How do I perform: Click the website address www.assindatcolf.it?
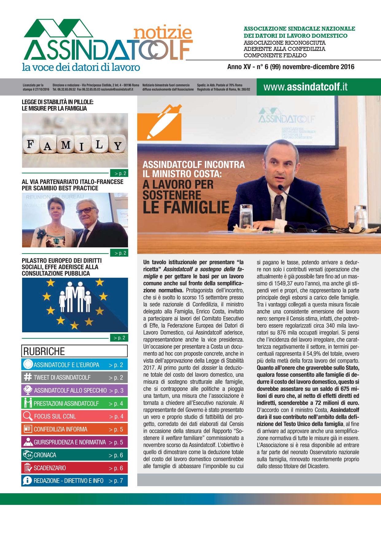(x=305, y=87)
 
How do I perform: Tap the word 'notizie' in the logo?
(x=163, y=32)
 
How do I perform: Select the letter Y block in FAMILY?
(x=118, y=146)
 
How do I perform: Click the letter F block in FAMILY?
(x=30, y=144)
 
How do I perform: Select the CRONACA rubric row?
(x=74, y=455)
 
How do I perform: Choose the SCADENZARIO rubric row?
(x=74, y=468)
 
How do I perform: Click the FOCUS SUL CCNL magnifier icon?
(x=27, y=416)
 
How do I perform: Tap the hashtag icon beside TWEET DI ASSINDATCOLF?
(x=28, y=377)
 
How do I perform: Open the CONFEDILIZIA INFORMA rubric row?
(x=74, y=429)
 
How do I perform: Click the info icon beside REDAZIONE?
(x=27, y=481)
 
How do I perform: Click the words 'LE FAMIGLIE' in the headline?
(x=186, y=208)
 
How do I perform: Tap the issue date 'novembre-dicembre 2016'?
(x=318, y=67)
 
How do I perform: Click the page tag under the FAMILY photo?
(x=119, y=173)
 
